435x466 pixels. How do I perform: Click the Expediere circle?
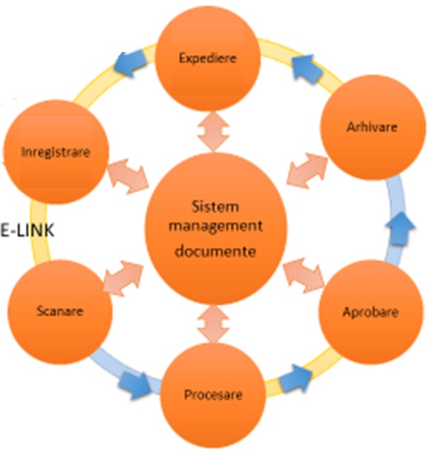tap(208, 59)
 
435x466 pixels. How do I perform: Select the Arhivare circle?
tap(373, 127)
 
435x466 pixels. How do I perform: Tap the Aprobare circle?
tap(370, 312)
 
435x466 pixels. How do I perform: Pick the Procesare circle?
tap(212, 395)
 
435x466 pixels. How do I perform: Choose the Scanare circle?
tap(60, 312)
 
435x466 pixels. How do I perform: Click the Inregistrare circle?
tap(56, 152)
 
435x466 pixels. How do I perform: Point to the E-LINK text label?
tap(27, 230)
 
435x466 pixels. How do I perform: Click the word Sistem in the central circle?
tap(215, 207)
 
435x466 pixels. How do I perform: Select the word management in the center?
tap(215, 226)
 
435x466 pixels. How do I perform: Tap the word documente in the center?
tap(215, 251)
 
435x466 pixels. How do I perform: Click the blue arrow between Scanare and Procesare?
tap(134, 385)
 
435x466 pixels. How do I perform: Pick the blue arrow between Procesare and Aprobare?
tap(295, 378)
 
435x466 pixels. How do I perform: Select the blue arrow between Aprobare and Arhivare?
tap(400, 229)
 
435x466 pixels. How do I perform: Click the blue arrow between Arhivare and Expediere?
tap(307, 69)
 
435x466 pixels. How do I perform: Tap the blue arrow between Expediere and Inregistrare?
tap(131, 63)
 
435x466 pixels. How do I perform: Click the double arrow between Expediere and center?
tap(214, 131)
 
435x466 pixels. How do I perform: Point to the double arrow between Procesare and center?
tap(213, 324)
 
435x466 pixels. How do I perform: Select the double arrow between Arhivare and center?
tap(307, 171)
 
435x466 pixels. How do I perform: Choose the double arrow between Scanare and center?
tap(123, 278)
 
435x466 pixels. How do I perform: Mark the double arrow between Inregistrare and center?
tap(128, 177)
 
